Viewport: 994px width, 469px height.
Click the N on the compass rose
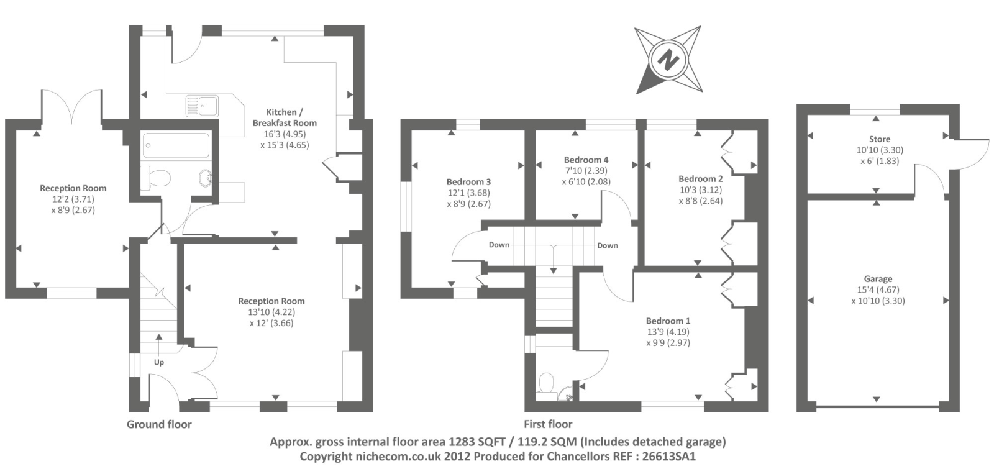click(x=668, y=60)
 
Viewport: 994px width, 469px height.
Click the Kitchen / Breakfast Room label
click(x=285, y=117)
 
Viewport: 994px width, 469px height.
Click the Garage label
click(x=878, y=279)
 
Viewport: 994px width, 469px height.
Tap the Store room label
click(x=880, y=139)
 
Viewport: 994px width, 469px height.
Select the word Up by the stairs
click(x=159, y=362)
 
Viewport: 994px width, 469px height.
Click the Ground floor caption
click(x=159, y=424)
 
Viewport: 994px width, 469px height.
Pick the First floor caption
click(x=548, y=424)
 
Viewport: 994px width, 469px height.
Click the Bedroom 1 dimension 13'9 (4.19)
click(x=668, y=332)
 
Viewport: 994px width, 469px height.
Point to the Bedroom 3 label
click(x=468, y=182)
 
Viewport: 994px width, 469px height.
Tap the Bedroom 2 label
click(x=701, y=179)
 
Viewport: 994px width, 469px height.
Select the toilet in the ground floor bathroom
click(x=160, y=178)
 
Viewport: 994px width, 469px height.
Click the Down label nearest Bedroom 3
click(x=499, y=245)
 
